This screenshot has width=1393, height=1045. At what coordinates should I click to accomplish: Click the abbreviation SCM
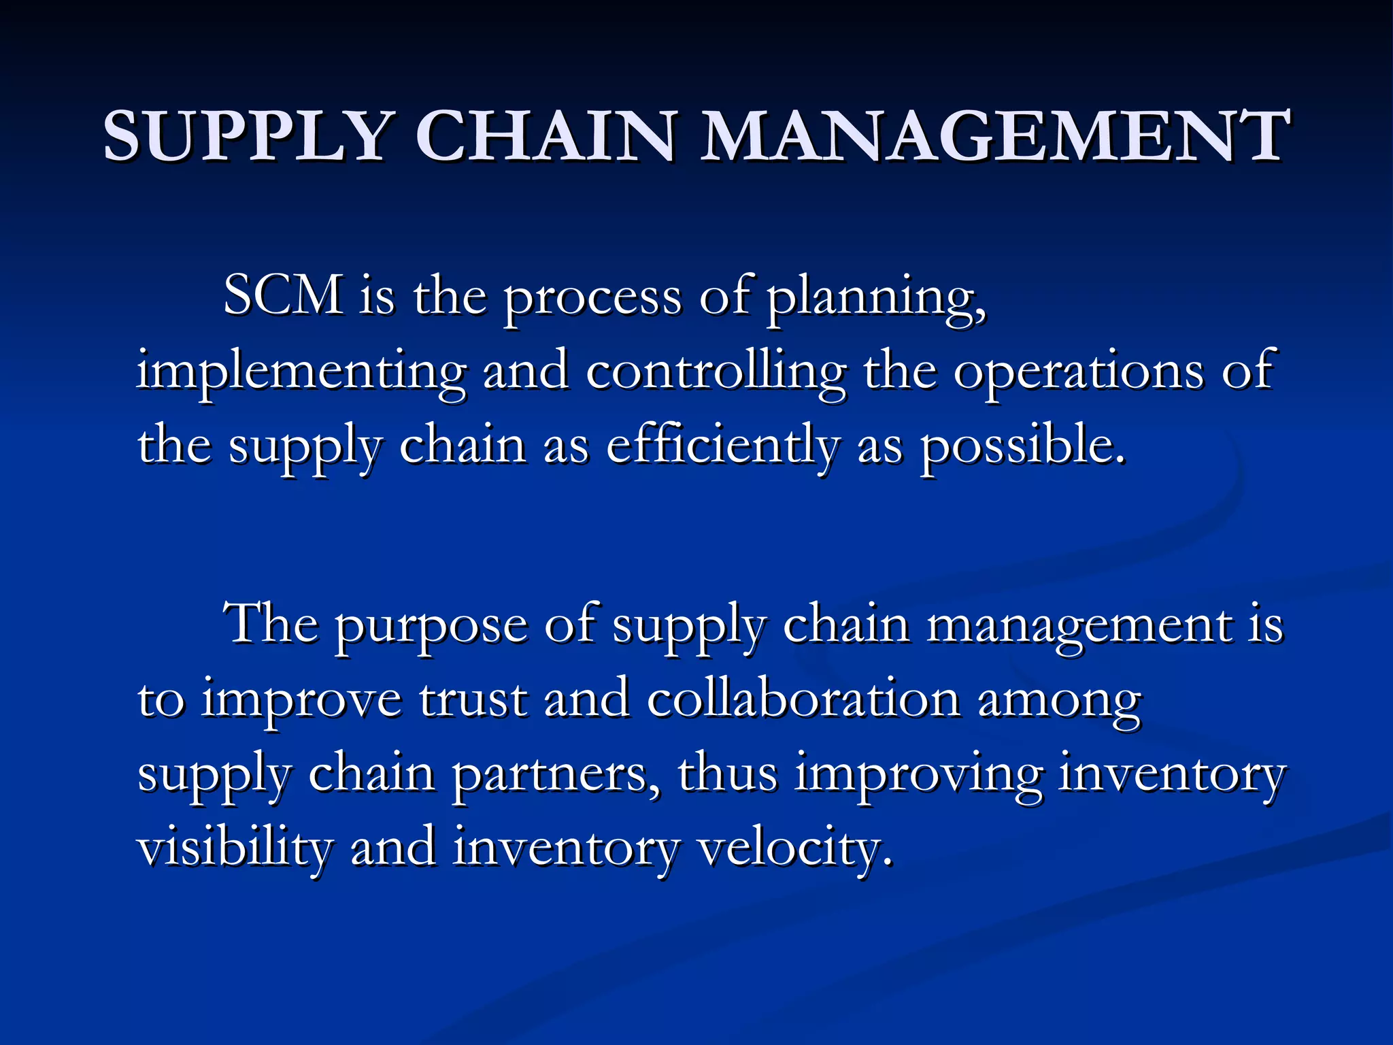click(x=283, y=296)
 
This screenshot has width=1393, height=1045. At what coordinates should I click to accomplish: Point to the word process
click(x=592, y=299)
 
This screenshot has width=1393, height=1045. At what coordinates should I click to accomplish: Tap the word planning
click(x=876, y=299)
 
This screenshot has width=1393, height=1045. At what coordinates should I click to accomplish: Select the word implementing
click(x=301, y=373)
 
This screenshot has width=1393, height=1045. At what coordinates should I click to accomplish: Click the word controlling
click(x=716, y=373)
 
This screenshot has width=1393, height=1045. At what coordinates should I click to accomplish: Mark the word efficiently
click(x=722, y=446)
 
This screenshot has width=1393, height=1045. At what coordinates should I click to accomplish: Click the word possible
click(x=1022, y=446)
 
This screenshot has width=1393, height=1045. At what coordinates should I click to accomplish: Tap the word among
click(x=1059, y=703)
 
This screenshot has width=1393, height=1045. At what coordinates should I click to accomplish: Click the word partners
click(x=555, y=776)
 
